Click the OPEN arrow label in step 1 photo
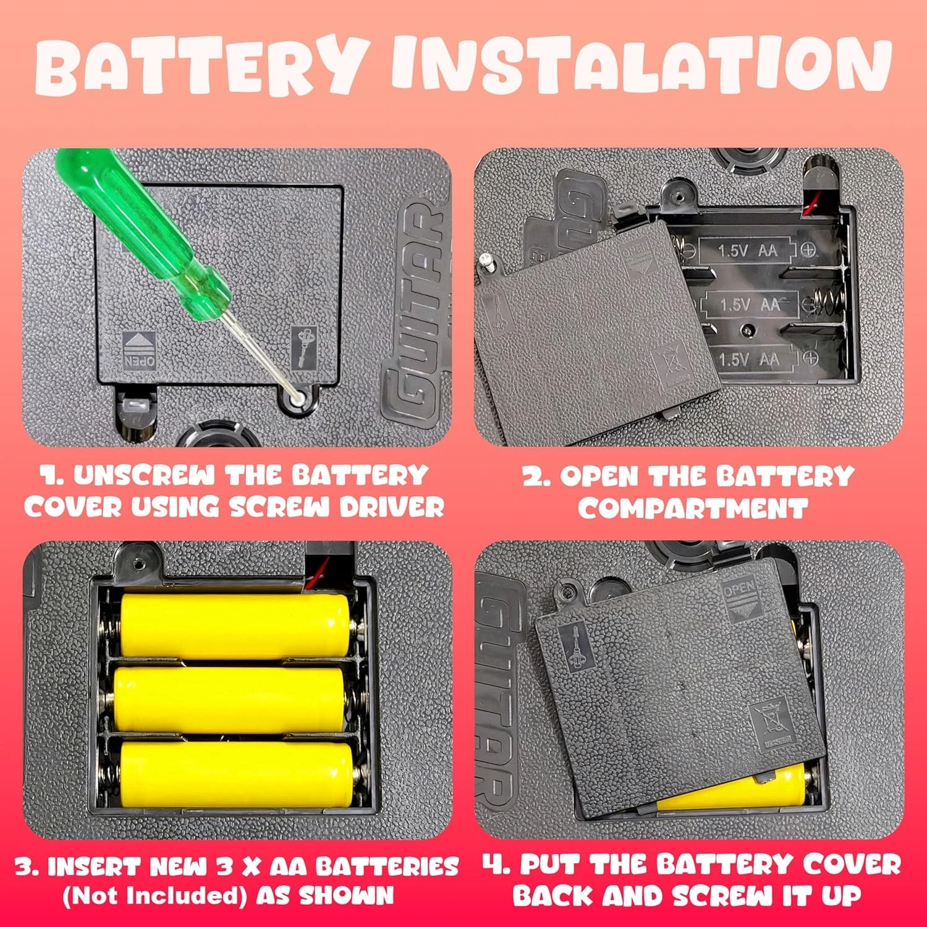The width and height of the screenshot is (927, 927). coord(140,350)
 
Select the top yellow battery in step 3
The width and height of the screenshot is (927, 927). coord(235,625)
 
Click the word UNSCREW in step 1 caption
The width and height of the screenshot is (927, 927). coord(145,475)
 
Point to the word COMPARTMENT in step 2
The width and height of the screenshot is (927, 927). coord(693,509)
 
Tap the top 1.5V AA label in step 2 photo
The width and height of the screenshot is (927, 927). coord(748,250)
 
